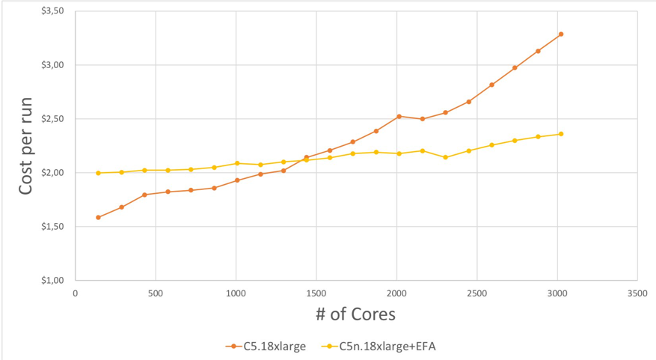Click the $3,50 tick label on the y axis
tap(53, 11)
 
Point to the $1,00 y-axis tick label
tap(53, 281)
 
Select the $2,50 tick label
tap(53, 119)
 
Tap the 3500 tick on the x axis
tap(637, 294)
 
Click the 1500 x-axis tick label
tap(316, 294)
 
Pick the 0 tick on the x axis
tap(76, 294)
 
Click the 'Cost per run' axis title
tap(26, 146)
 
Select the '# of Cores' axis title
tap(356, 314)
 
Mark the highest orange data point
tap(560, 34)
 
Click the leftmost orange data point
tap(98, 217)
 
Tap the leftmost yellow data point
tap(98, 173)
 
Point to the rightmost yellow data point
tap(560, 134)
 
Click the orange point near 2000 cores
tap(399, 116)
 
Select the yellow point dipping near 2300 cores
tap(445, 157)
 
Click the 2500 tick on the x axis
tap(477, 294)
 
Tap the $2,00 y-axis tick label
tap(53, 173)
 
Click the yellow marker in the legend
tap(328, 346)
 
